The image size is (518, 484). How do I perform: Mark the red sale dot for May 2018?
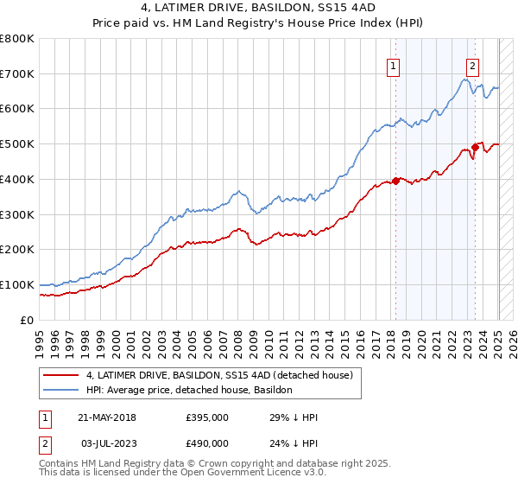coord(395,181)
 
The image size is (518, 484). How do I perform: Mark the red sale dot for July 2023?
coord(476,147)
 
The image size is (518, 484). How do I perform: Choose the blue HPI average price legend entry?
coord(189,391)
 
